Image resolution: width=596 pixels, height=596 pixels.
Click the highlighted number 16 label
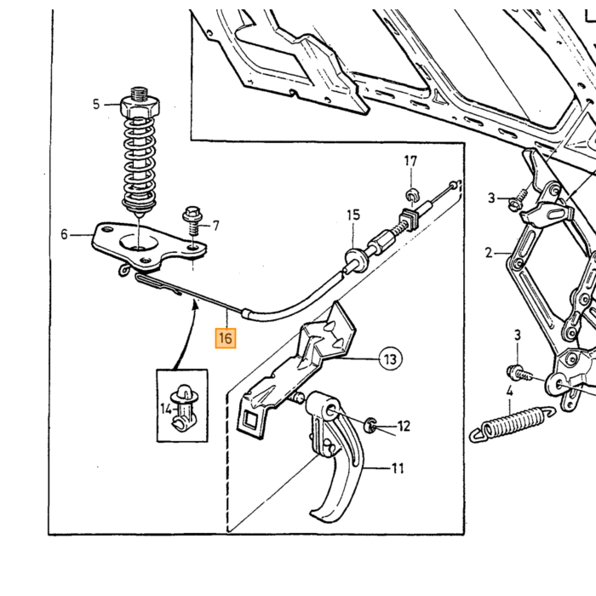tap(226, 338)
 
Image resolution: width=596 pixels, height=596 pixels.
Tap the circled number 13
tap(390, 358)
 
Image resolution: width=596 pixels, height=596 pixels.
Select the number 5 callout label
tap(96, 104)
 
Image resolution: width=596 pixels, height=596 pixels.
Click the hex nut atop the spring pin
tap(140, 106)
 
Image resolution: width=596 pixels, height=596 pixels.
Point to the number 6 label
tap(64, 234)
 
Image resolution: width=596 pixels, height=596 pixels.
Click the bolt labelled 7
tap(192, 221)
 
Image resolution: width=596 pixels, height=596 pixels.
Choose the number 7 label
tap(216, 226)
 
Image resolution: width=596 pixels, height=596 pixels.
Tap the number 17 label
tap(410, 161)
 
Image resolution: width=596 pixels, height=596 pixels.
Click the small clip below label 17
tap(412, 195)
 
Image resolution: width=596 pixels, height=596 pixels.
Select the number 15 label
tap(353, 215)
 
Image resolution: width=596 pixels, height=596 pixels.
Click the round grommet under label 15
tap(356, 259)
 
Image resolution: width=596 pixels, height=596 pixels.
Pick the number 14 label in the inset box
tap(165, 410)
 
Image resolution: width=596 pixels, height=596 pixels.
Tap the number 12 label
tap(404, 426)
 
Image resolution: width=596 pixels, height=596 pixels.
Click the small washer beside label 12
tap(370, 425)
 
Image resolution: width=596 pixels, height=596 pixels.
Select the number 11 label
tap(398, 468)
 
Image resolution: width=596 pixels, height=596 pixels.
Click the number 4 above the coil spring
tap(509, 391)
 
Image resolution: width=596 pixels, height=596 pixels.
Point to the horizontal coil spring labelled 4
tap(512, 424)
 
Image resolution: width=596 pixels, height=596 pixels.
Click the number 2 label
tap(489, 253)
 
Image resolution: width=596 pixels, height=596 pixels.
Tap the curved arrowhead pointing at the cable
tap(196, 304)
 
